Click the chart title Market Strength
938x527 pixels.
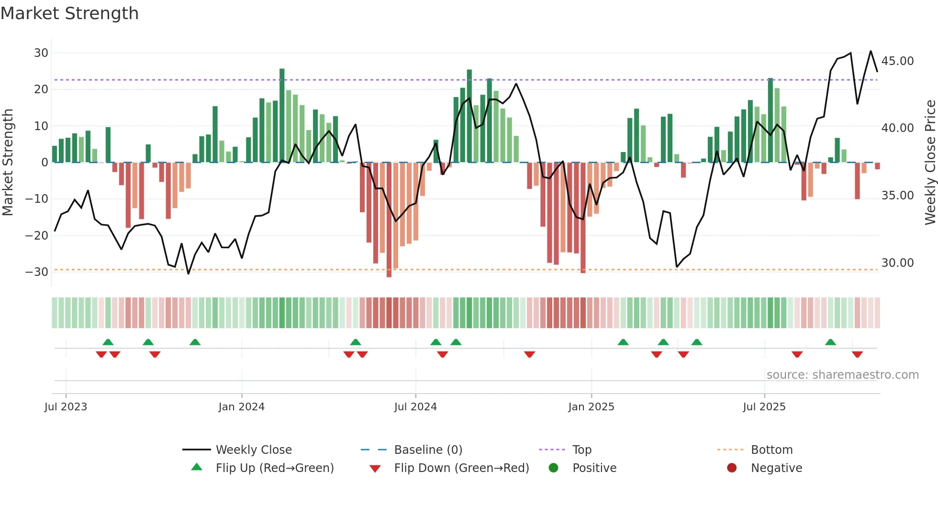point(69,13)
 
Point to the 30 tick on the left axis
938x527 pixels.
point(41,53)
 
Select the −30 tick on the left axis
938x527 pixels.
point(37,272)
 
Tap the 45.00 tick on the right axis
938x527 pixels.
point(897,61)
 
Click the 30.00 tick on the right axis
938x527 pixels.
point(897,263)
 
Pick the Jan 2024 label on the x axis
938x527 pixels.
point(241,407)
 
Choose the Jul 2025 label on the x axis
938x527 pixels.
point(764,407)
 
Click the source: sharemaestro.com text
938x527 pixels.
point(842,375)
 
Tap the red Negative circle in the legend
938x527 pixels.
point(731,468)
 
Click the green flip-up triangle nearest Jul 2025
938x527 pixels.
point(830,342)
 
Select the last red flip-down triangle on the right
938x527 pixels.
point(857,354)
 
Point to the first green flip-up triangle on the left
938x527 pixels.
point(108,342)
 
